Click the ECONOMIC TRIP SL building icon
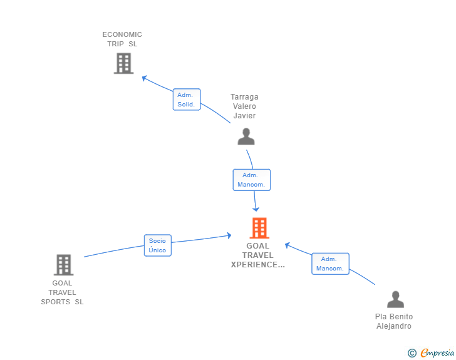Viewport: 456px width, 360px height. coord(123,63)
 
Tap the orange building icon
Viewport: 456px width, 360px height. coord(259,228)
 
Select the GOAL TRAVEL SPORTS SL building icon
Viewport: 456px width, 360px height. coord(64,265)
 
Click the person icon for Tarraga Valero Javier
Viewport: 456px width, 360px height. coord(246,136)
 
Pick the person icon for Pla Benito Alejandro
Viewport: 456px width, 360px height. coord(395,299)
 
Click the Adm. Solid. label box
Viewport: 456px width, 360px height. coord(187,100)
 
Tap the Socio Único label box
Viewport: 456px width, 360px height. coord(158,245)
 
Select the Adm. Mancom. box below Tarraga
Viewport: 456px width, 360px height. coord(252,180)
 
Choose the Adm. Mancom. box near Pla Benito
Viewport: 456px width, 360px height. coord(330,264)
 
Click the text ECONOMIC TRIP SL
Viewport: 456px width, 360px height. coord(122,39)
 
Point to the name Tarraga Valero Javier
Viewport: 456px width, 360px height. coord(244,106)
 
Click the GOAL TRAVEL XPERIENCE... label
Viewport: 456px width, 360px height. coord(258,255)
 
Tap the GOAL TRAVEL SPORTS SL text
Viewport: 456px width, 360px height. coord(62,292)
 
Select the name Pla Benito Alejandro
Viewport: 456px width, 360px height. coord(394,321)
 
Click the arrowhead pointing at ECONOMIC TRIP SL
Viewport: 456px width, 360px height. coord(144,78)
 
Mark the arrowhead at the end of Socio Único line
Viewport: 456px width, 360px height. coord(229,235)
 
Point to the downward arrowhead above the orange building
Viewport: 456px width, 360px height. coord(256,209)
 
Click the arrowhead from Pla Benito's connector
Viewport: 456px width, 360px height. coord(287,245)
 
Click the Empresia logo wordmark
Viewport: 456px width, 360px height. coord(437,353)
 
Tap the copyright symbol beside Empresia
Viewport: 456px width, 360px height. coord(412,353)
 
